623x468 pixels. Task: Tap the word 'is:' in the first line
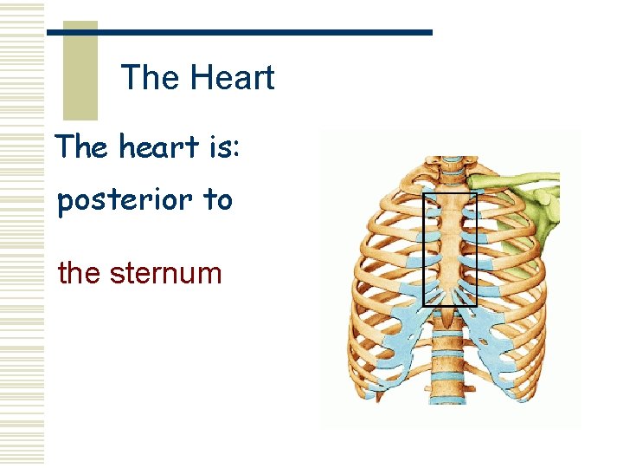point(224,147)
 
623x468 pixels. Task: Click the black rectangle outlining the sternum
point(423,251)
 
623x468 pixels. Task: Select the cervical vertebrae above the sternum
point(449,169)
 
